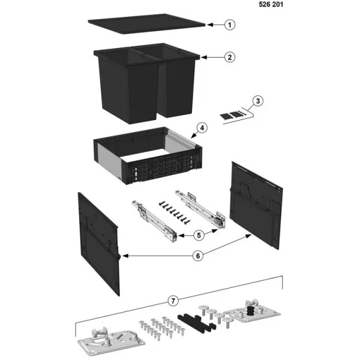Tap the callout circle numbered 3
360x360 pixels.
257,100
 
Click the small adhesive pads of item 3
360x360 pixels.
232,114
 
